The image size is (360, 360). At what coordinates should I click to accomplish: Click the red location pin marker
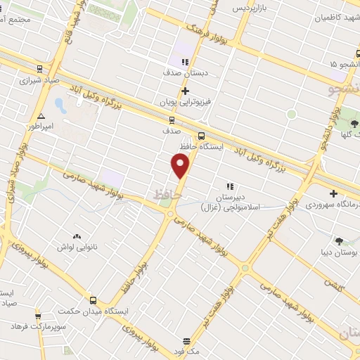(181, 166)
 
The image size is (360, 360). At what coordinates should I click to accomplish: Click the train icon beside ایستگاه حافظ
(202, 136)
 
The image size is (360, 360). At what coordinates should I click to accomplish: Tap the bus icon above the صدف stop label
(172, 119)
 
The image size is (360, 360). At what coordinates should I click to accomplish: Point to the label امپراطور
(41, 127)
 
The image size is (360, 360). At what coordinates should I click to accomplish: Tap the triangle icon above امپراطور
(41, 116)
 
